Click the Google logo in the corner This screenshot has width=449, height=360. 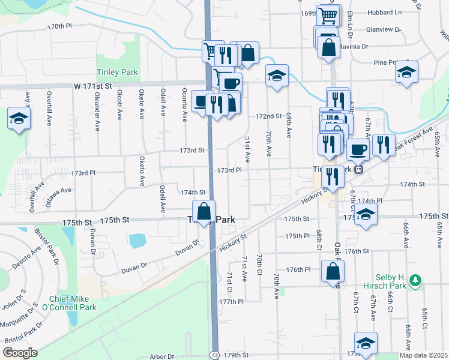point(20,353)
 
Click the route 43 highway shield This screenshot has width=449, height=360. point(215,356)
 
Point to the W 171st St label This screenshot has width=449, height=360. point(93,86)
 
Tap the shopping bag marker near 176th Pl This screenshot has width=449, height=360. point(333,271)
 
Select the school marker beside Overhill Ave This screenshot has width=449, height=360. point(19,118)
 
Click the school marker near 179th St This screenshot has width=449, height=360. point(366,343)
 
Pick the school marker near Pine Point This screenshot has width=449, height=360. point(406,72)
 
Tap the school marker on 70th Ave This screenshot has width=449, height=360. point(277,76)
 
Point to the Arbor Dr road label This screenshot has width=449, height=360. point(162,356)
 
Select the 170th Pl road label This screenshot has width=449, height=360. point(59,26)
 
